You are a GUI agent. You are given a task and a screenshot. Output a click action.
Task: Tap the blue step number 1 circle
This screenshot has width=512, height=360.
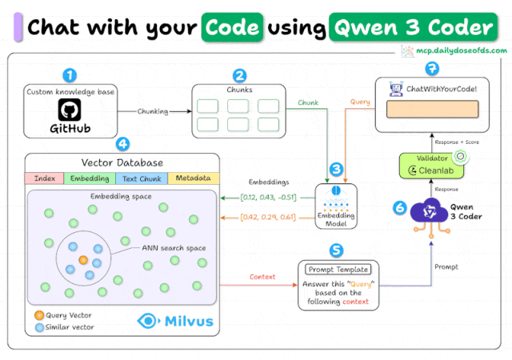coord(70,75)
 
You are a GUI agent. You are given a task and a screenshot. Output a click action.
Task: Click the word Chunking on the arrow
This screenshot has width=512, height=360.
coord(158,111)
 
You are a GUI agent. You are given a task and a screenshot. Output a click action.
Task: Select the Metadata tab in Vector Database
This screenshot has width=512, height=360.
coord(193,178)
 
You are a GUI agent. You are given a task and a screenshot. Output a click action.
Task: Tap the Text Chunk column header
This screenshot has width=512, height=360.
coord(142,178)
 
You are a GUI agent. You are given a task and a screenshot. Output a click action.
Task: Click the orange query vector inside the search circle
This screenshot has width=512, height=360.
coord(83,260)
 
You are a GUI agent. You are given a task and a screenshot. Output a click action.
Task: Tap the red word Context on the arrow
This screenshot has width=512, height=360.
coord(262,277)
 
